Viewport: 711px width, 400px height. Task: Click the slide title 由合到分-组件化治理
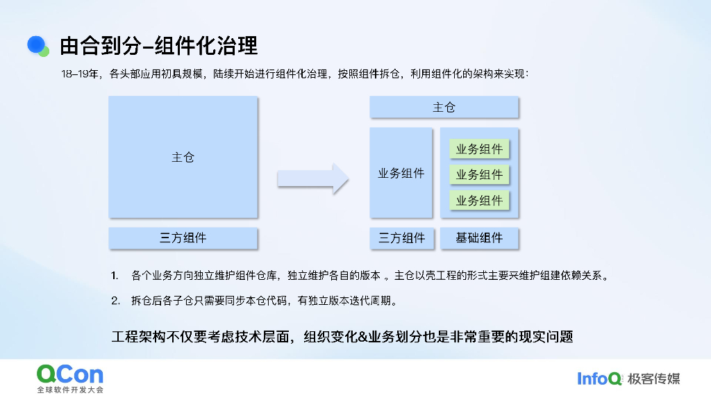click(158, 46)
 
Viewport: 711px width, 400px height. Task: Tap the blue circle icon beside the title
click(37, 45)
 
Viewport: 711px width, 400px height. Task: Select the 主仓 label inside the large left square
click(183, 158)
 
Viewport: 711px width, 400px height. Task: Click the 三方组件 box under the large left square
click(183, 237)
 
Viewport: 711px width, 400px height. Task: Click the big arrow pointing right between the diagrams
click(312, 178)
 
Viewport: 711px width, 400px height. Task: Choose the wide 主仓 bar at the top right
click(444, 108)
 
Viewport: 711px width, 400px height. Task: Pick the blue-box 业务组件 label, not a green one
click(401, 174)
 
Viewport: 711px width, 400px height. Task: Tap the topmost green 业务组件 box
click(479, 149)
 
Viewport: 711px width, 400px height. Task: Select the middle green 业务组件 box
click(479, 175)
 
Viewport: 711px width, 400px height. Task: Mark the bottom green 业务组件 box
click(479, 201)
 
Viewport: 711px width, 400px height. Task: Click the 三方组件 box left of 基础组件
click(401, 237)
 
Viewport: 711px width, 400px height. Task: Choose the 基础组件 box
click(479, 237)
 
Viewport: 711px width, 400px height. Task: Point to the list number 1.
click(115, 276)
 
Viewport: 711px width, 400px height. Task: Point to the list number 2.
click(115, 301)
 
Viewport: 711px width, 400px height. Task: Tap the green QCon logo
click(70, 375)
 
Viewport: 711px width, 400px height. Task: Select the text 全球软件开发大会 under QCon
click(70, 390)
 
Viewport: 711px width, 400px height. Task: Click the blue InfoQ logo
click(600, 378)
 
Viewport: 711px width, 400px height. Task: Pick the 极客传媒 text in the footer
click(653, 378)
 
